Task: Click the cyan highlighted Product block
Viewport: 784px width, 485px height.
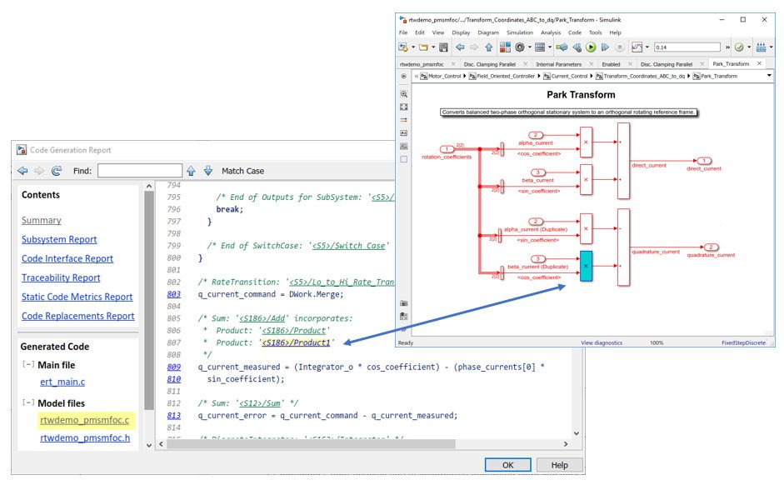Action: click(586, 266)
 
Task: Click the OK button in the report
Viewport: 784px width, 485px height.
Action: click(507, 465)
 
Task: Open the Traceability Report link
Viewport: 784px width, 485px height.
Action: click(61, 277)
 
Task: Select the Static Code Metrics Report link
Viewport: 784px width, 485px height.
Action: click(77, 297)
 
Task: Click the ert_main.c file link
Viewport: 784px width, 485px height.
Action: click(62, 382)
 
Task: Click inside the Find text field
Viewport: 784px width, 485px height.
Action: click(138, 171)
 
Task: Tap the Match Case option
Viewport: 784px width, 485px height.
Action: click(242, 171)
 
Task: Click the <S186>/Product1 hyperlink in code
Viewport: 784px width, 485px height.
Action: click(297, 342)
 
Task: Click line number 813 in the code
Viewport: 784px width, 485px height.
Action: click(173, 416)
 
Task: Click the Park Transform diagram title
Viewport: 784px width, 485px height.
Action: click(581, 95)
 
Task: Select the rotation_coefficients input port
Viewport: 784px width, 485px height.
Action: click(447, 149)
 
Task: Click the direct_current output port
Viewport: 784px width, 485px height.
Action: click(704, 160)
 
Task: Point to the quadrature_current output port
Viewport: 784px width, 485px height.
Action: click(711, 247)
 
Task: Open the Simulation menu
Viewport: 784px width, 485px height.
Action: click(520, 32)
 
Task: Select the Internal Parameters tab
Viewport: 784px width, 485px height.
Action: click(558, 63)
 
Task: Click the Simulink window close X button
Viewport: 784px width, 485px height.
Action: click(763, 18)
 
